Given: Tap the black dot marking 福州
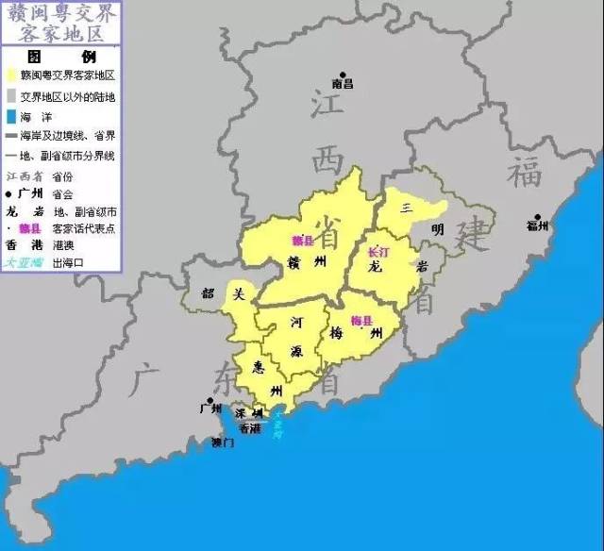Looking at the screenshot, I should [538, 216].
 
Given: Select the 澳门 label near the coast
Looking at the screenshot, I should [223, 442].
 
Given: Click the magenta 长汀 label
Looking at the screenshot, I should [377, 252].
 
